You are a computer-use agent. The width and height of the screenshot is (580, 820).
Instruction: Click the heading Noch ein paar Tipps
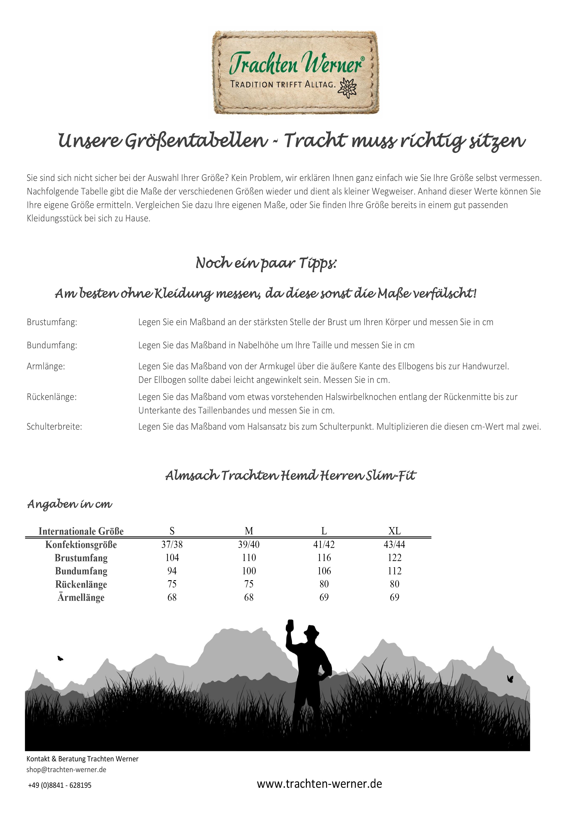tap(266, 263)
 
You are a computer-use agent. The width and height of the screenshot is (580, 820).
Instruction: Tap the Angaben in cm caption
tap(70, 504)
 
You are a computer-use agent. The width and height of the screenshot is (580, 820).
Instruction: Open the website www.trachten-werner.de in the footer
tap(319, 784)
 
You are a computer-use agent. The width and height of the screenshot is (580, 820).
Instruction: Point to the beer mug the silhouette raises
tap(290, 626)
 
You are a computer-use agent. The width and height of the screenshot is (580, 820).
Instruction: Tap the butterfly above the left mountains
tap(60, 658)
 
